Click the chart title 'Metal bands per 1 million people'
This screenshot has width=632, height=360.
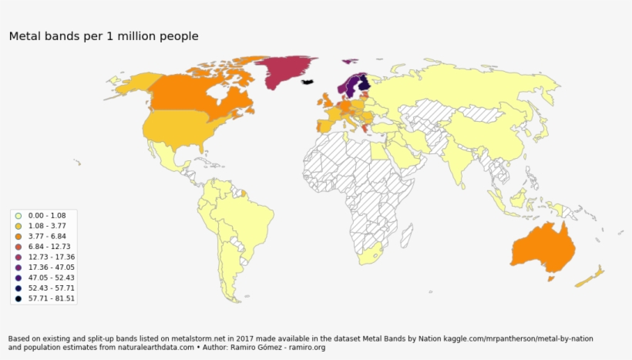pyautogui.click(x=103, y=36)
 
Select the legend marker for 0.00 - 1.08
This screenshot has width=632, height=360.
pyautogui.click(x=17, y=215)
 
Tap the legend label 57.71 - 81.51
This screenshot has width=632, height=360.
pyautogui.click(x=51, y=298)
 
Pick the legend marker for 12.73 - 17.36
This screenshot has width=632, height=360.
pyautogui.click(x=17, y=257)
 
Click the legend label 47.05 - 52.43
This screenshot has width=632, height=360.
pyautogui.click(x=51, y=278)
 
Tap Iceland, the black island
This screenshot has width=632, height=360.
pyautogui.click(x=308, y=81)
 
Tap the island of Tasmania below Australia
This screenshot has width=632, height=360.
pyautogui.click(x=550, y=279)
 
